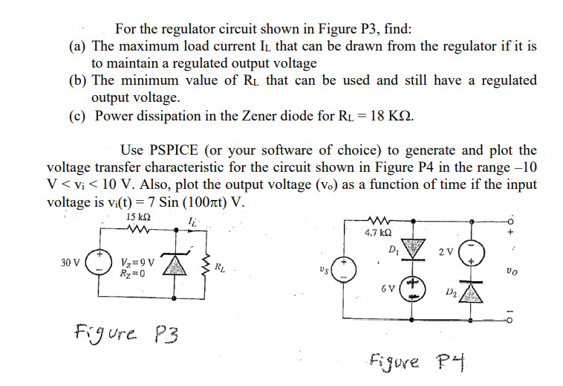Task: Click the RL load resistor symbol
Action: [x=205, y=264]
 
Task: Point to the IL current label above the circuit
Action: [x=192, y=219]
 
